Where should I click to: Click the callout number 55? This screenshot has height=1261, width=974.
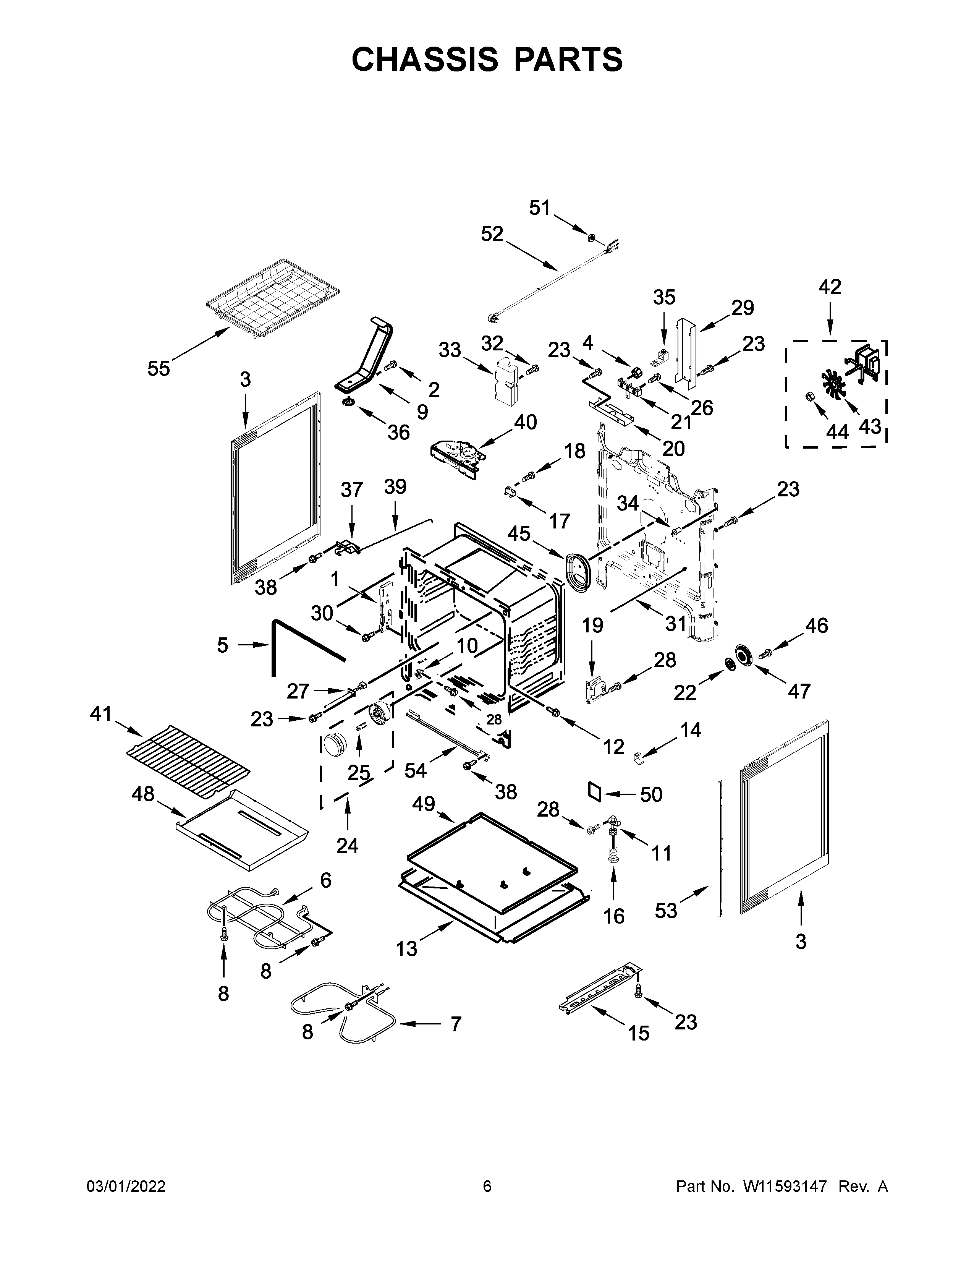(158, 368)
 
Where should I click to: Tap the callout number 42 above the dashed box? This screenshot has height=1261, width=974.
(830, 287)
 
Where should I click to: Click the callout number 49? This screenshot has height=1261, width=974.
(424, 803)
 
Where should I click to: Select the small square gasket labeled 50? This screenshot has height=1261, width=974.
(595, 791)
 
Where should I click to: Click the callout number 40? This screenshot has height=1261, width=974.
(525, 422)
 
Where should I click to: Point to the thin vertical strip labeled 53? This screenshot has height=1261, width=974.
(719, 849)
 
